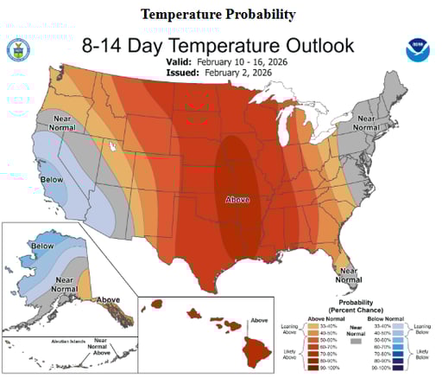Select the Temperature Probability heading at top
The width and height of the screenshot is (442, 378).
(218, 14)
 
